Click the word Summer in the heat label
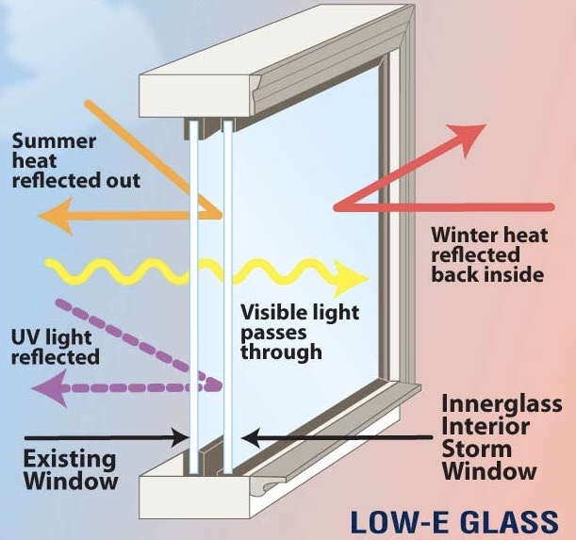pos(54,141)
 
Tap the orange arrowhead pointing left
pos(55,216)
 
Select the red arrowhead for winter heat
pos(469,139)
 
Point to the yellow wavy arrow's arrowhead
pos(351,278)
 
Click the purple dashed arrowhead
pos(49,388)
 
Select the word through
pos(281,352)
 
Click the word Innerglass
pos(502,403)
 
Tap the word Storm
pos(477,450)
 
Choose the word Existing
pos(70,460)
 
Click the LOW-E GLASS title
pos(454,522)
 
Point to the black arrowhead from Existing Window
pos(181,437)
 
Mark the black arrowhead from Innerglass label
pos(252,437)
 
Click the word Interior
pos(485,426)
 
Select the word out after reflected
pos(123,181)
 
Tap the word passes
pos(273,334)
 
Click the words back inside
pos(487,274)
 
